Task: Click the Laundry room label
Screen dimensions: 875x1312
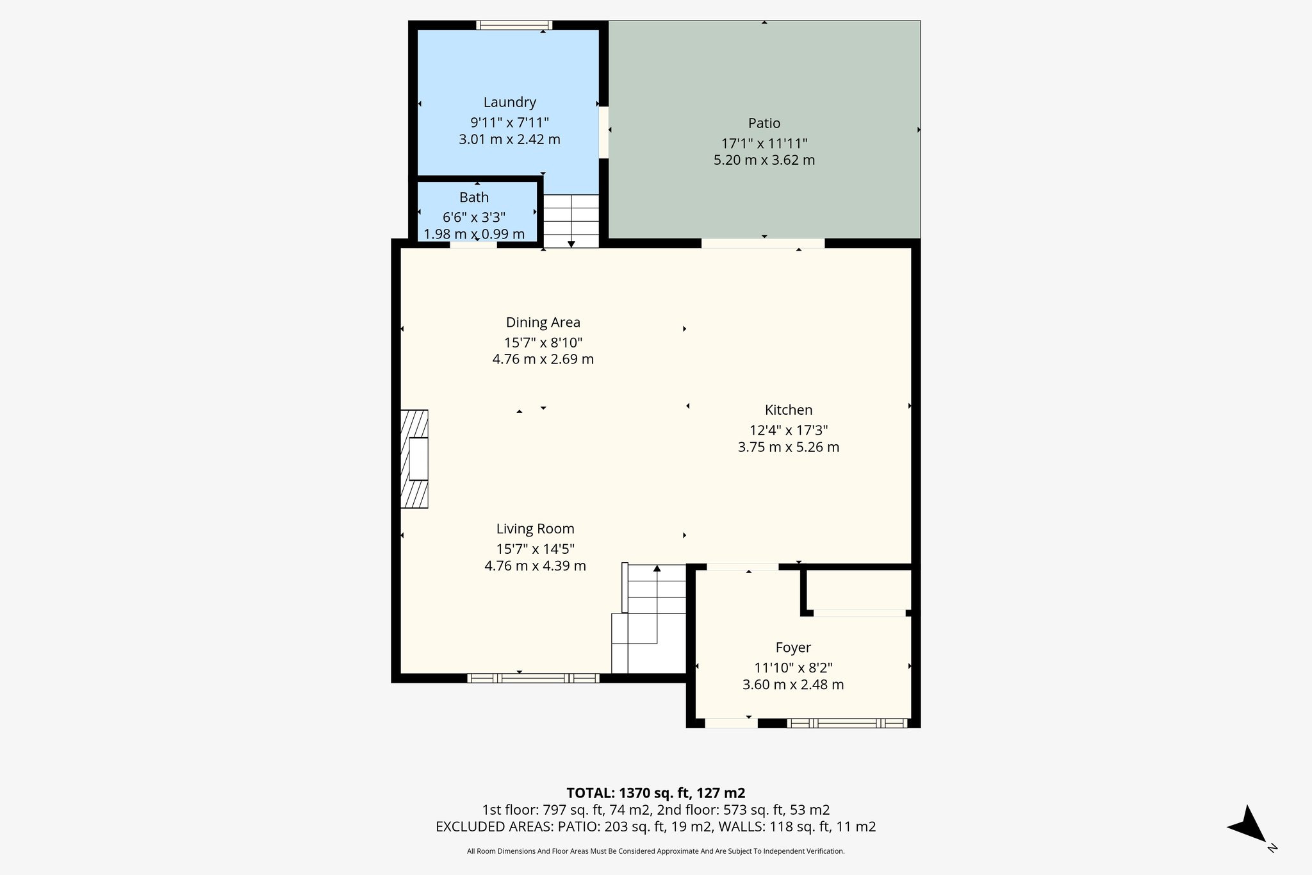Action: (x=509, y=103)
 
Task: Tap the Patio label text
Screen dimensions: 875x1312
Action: (x=764, y=123)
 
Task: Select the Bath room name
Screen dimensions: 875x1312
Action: (x=474, y=197)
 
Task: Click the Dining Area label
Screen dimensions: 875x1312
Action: (x=543, y=322)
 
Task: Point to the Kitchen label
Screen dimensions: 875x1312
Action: (x=788, y=410)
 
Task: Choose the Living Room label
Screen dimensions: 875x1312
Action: (x=535, y=529)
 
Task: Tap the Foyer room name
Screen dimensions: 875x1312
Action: (x=793, y=647)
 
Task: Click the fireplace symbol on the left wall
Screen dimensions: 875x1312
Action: (x=414, y=459)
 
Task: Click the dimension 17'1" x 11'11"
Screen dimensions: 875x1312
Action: (x=764, y=144)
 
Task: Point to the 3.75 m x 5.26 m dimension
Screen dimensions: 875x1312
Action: (x=788, y=447)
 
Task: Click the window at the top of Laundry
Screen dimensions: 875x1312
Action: (x=514, y=26)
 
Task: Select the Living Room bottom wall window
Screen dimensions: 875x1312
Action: (x=533, y=678)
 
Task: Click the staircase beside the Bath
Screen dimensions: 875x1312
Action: (x=571, y=221)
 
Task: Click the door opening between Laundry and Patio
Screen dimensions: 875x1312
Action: (x=603, y=132)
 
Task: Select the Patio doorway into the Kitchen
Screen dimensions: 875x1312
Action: (x=762, y=244)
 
